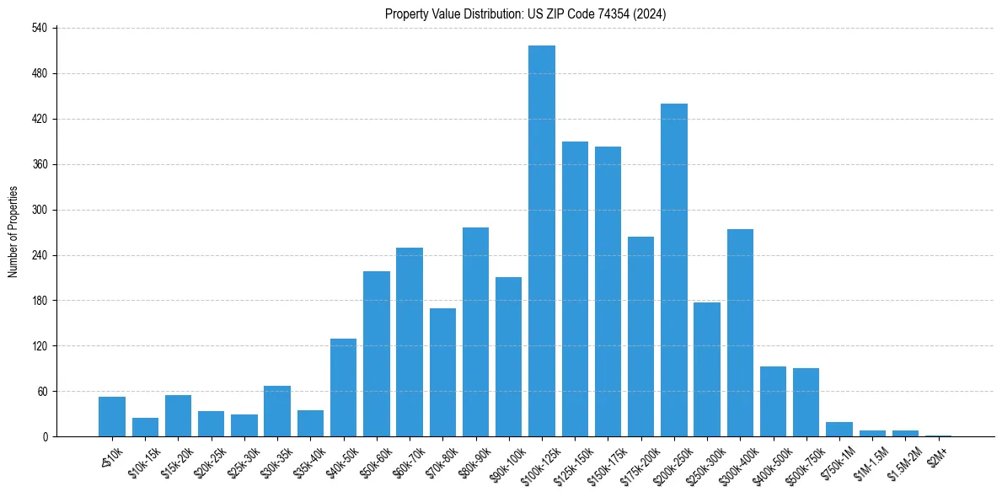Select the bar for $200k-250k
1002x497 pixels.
point(674,270)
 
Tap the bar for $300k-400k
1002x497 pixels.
point(740,333)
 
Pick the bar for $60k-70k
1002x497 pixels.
point(410,342)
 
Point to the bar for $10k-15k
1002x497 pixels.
point(145,427)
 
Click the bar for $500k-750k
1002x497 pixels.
point(806,403)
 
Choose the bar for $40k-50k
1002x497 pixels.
point(343,387)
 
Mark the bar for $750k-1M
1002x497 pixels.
point(839,430)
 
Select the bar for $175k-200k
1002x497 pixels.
point(640,337)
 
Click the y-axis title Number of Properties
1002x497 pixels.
point(13,232)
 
